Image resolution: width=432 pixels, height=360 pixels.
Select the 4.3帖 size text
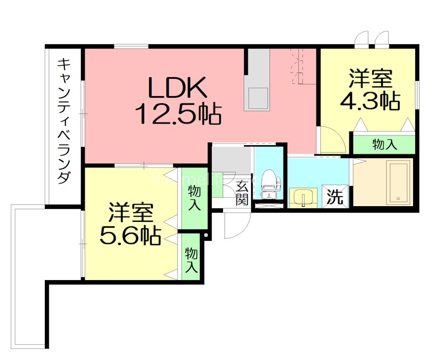coord(370,101)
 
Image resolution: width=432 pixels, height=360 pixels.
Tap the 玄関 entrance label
coord(242,192)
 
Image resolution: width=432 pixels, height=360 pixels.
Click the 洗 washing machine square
coord(335,196)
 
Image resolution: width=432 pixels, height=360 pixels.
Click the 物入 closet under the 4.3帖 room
coord(385,144)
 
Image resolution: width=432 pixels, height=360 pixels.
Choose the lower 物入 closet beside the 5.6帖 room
coord(191,260)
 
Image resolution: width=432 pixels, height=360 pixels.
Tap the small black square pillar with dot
coord(206,235)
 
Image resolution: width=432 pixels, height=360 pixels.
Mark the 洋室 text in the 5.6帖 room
coord(131,212)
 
